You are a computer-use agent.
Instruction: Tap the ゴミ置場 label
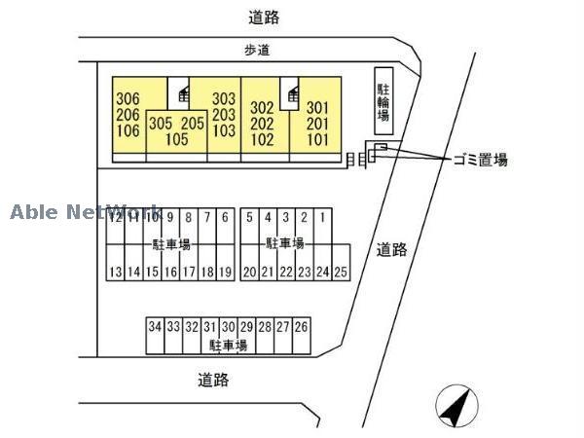click(x=479, y=161)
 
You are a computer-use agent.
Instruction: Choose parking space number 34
click(x=155, y=327)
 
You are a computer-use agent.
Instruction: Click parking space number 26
click(x=302, y=327)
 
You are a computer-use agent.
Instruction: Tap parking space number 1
click(x=322, y=218)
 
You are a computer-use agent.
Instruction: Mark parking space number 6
click(x=226, y=218)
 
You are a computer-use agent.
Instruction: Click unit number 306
click(x=128, y=98)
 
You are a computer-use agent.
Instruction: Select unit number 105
click(x=176, y=139)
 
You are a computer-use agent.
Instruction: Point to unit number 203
click(x=224, y=114)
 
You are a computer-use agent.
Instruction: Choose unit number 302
click(x=262, y=108)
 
